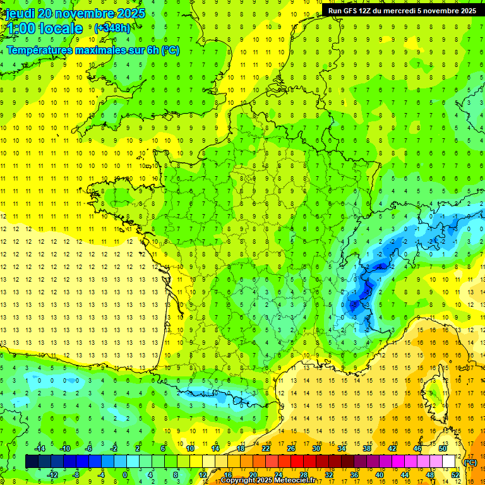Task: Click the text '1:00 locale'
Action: pos(44,28)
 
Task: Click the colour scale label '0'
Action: pos(125,475)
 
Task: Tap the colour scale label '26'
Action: pos(290,448)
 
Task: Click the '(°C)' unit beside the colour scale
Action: pos(470,462)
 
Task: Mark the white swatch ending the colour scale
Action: pos(448,462)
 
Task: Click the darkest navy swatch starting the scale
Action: pos(32,462)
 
